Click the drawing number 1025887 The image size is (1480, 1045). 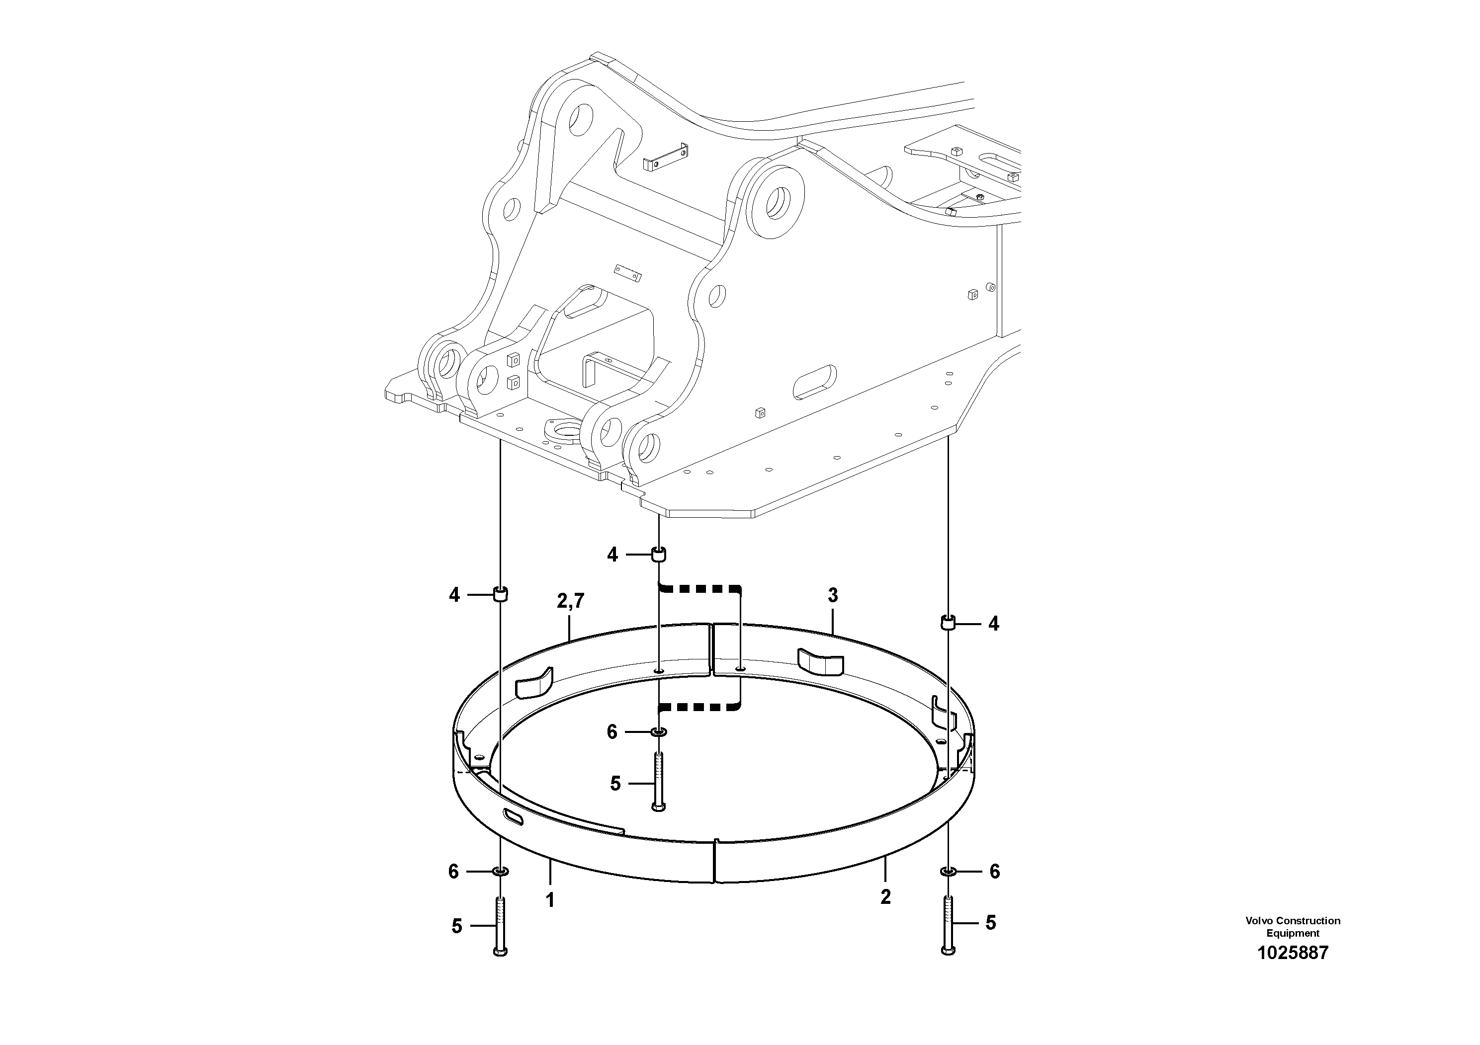[x=1293, y=953]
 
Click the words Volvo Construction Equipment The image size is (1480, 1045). [x=1293, y=926]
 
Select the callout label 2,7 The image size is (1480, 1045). [x=570, y=601]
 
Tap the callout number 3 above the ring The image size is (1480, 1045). [x=832, y=596]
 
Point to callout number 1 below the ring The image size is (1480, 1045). [x=550, y=900]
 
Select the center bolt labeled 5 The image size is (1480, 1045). [x=658, y=783]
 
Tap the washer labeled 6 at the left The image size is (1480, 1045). [x=501, y=872]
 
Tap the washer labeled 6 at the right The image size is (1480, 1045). [x=948, y=872]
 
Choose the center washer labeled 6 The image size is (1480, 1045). [x=658, y=732]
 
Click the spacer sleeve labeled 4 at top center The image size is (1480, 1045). [x=658, y=554]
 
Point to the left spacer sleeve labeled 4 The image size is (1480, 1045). [x=501, y=594]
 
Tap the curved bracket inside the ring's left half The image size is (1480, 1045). [x=534, y=684]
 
